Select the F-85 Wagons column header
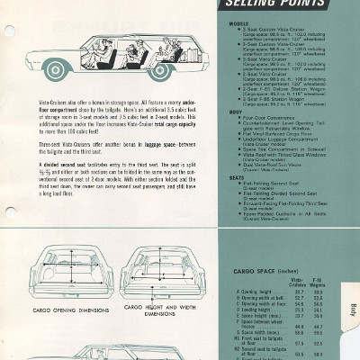pyautogui.click(x=331, y=258)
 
